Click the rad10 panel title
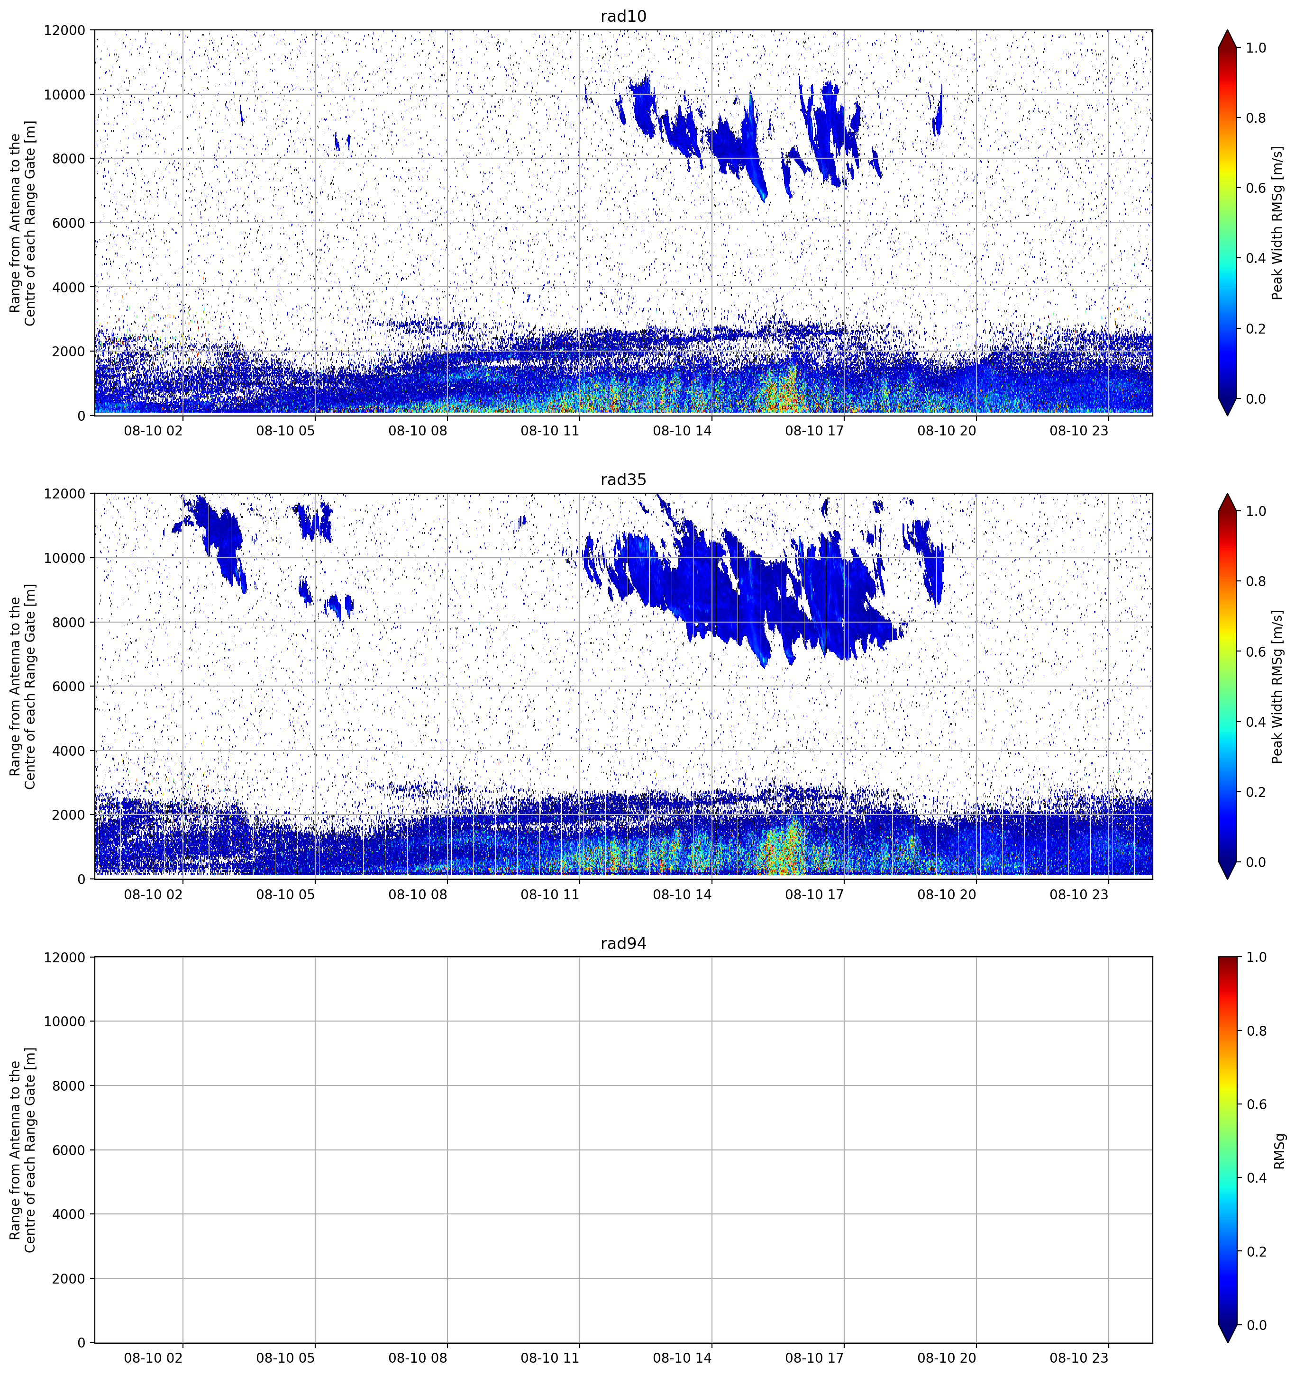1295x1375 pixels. click(623, 17)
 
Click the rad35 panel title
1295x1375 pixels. click(623, 480)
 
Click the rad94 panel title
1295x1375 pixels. click(623, 943)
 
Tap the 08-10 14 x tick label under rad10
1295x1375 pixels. click(682, 431)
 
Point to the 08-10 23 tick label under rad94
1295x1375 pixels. click(1079, 1358)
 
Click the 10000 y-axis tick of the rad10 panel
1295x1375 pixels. click(65, 95)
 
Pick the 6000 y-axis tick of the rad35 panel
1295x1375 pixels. click(69, 687)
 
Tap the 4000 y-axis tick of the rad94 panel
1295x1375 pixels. click(69, 1214)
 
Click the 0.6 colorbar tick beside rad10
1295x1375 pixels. click(1256, 188)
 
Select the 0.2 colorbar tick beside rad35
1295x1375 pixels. click(1256, 792)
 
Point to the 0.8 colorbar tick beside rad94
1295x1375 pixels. click(1256, 1031)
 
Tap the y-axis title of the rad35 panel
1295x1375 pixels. click(23, 686)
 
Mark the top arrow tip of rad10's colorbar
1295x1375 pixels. click(1228, 30)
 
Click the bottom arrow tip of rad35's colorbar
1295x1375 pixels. click(1228, 878)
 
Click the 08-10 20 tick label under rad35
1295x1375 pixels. click(947, 894)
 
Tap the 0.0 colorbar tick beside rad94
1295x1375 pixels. click(1256, 1325)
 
